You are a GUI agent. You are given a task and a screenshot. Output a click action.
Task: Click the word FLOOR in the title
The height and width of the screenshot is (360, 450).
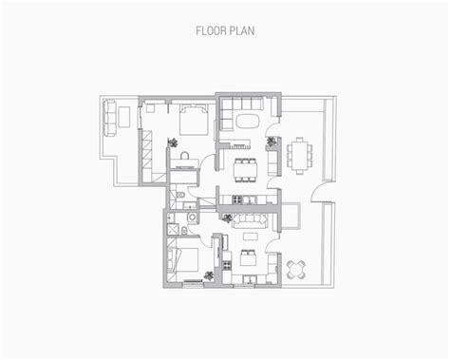click(212, 29)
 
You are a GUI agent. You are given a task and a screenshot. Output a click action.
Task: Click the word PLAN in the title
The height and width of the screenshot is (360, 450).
click(243, 29)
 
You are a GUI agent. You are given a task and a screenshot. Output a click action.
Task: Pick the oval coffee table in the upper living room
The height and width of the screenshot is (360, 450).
click(247, 122)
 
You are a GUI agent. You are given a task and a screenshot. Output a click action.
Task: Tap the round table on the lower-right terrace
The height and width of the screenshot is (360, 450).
click(297, 267)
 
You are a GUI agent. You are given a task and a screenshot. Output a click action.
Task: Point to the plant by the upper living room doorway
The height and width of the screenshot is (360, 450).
click(273, 142)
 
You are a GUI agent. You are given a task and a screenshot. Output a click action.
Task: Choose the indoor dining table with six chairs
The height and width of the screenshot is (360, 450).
click(244, 169)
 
